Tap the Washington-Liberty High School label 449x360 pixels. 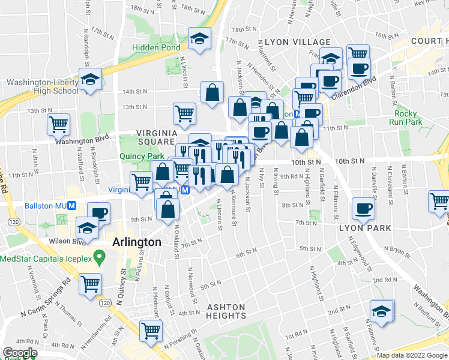click(41, 86)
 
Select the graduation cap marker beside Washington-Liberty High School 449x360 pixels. click(89, 80)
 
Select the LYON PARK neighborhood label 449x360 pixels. click(365, 228)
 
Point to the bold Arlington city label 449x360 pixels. click(137, 242)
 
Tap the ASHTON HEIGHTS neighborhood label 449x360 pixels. click(226, 311)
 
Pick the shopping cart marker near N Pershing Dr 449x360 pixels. click(151, 330)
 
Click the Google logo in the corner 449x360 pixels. click(20, 353)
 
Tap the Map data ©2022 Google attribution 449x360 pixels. click(412, 356)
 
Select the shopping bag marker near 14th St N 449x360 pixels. click(212, 93)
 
